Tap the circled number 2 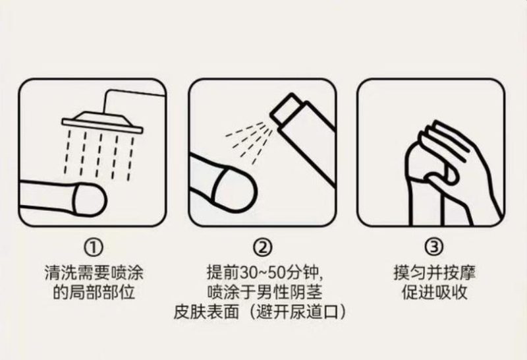[x=262, y=247]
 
